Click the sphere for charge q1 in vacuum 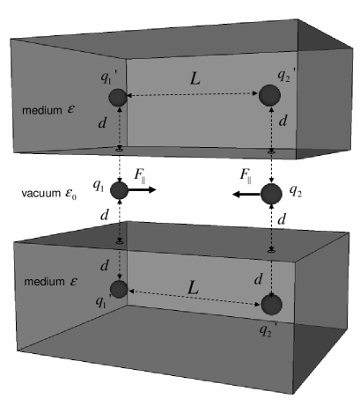pyautogui.click(x=120, y=190)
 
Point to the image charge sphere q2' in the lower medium pyautogui.click(x=273, y=304)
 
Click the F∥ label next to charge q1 pyautogui.click(x=141, y=173)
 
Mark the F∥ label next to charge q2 pyautogui.click(x=248, y=174)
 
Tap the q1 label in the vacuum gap pyautogui.click(x=102, y=188)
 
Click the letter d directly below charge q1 pyautogui.click(x=105, y=216)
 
